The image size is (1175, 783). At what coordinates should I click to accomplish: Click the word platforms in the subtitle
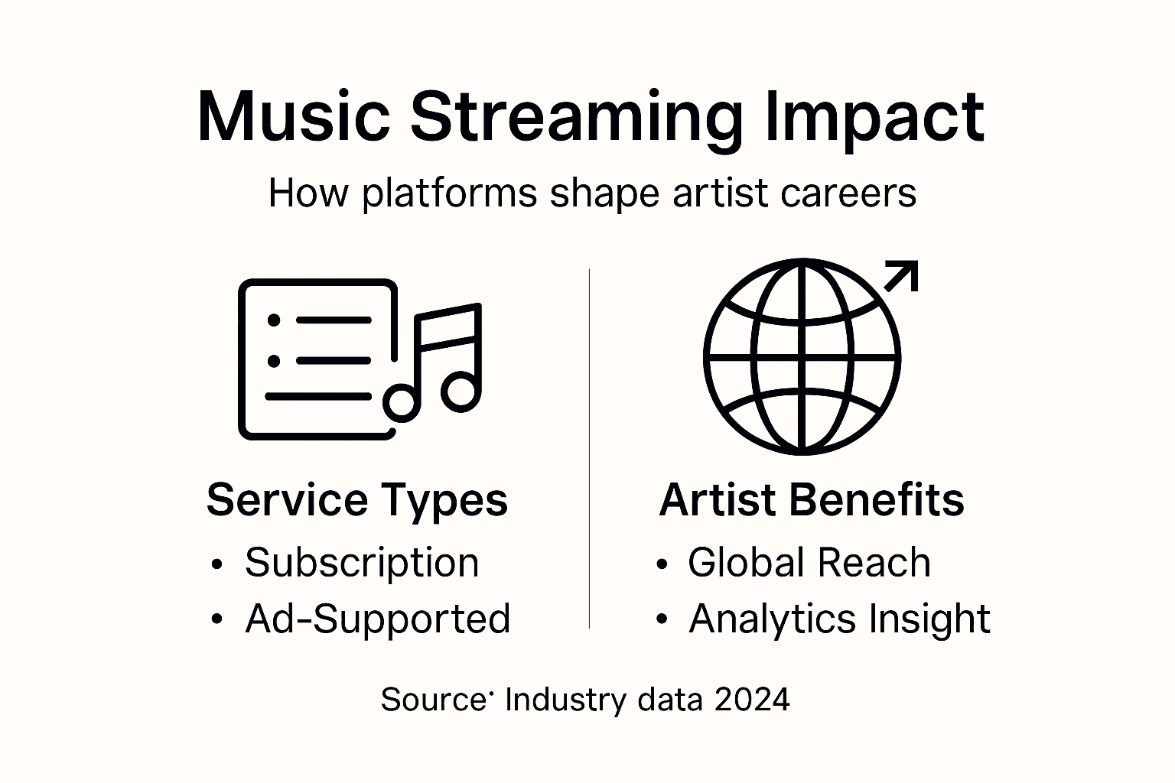[450, 194]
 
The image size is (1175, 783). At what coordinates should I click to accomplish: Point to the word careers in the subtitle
[848, 193]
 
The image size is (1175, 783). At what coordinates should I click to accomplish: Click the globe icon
[802, 357]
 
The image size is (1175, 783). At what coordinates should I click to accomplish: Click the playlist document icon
[317, 359]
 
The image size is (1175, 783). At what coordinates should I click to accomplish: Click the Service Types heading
[356, 500]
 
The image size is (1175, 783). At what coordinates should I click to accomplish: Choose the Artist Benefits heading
[811, 500]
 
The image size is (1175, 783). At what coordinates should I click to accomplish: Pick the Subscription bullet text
[362, 564]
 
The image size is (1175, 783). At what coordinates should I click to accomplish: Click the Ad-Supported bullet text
[377, 619]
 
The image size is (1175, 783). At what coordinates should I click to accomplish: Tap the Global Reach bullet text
[809, 563]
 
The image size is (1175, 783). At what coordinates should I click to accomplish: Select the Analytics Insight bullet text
[839, 619]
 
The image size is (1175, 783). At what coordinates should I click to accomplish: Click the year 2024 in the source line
[752, 700]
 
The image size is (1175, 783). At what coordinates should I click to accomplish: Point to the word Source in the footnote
[433, 700]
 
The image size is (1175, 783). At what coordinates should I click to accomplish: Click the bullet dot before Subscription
[217, 565]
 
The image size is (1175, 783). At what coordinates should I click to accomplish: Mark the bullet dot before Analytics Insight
[662, 620]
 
